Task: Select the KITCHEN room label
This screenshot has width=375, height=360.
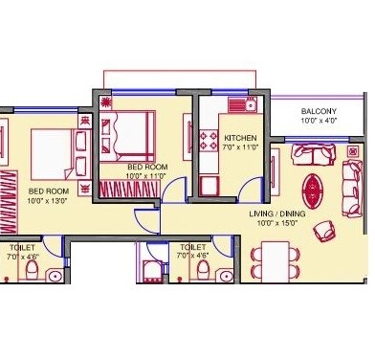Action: (242, 138)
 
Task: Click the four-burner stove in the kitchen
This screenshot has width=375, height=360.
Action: (209, 143)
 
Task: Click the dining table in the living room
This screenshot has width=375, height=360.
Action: (276, 257)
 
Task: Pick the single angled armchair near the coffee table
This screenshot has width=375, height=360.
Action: (325, 230)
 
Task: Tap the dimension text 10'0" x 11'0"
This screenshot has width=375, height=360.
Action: (146, 176)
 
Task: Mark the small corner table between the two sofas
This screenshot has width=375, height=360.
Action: (354, 153)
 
